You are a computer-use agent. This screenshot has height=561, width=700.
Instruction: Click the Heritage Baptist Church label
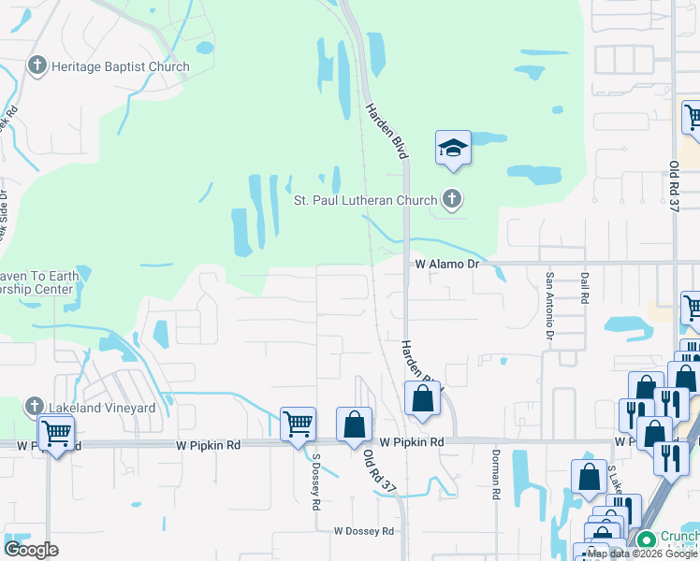coord(121,66)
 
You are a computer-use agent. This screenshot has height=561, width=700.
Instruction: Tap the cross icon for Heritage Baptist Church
coord(37,66)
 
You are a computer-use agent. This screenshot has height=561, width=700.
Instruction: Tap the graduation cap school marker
coord(453,149)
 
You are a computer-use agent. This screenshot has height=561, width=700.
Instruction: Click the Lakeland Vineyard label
coord(103,408)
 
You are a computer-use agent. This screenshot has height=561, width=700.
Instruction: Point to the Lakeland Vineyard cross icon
coord(35,407)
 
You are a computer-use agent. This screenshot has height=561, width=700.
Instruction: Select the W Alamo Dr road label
coord(447,265)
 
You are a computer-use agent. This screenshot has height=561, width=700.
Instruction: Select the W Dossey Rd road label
coord(364,531)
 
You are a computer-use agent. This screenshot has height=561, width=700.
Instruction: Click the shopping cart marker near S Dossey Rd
coord(298,424)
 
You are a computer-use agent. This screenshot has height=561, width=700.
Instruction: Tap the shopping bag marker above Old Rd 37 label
coord(354,424)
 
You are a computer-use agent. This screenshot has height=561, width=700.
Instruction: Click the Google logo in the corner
coord(31,550)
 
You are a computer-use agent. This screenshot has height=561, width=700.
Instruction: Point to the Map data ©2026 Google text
coord(643,554)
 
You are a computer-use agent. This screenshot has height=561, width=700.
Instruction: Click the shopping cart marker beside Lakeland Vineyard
coord(56,433)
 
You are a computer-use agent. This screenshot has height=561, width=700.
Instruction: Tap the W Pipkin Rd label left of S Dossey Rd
coord(208,445)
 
